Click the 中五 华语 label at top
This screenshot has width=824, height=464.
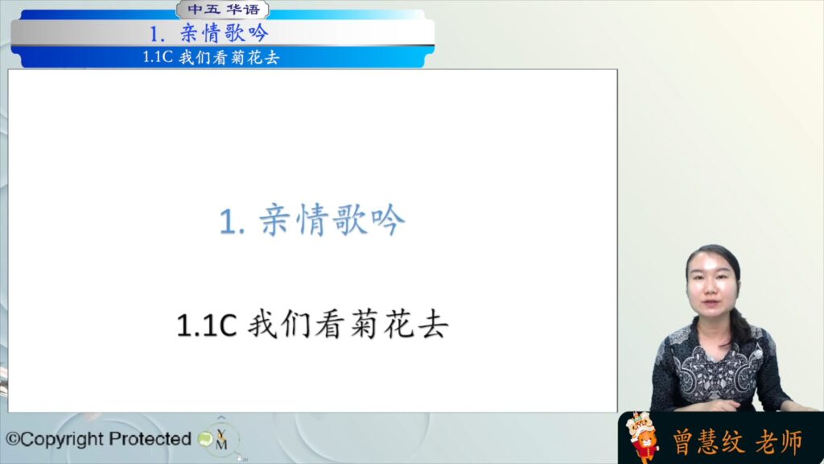point(224,10)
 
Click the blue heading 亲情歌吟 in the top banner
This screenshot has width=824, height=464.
point(225,33)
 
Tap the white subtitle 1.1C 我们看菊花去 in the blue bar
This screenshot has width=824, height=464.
point(211,57)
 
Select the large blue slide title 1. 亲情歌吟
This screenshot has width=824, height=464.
point(312,220)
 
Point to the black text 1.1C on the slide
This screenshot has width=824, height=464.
point(207,325)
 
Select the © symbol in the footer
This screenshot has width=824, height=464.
point(12,439)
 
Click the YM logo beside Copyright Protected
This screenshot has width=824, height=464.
point(221,439)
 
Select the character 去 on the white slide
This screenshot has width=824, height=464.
point(433,324)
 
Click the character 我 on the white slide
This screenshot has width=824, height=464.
point(262,324)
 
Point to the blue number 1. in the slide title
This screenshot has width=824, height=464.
point(232,222)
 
